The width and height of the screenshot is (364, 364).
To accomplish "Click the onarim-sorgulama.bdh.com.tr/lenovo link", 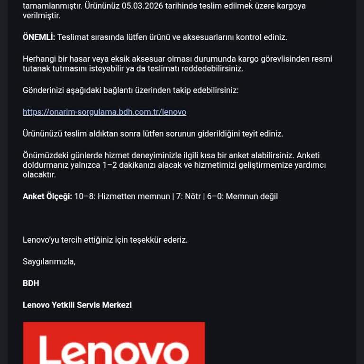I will (x=104, y=112).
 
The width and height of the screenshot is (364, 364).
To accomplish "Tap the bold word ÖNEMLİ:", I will (x=39, y=37).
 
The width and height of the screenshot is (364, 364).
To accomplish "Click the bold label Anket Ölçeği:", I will (x=47, y=196).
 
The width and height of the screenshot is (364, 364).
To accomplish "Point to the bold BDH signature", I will (x=31, y=283).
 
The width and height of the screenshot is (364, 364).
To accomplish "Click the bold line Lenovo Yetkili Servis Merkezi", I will (x=77, y=305).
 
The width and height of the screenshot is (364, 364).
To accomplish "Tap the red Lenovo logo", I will (x=114, y=343).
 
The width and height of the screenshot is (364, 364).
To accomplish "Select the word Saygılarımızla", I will (x=49, y=262).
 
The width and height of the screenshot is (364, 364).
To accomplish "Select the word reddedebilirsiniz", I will (x=211, y=68).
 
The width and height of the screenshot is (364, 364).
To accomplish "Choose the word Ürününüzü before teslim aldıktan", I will (x=42, y=134).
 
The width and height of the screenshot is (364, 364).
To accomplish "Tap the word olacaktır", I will (x=39, y=174).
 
